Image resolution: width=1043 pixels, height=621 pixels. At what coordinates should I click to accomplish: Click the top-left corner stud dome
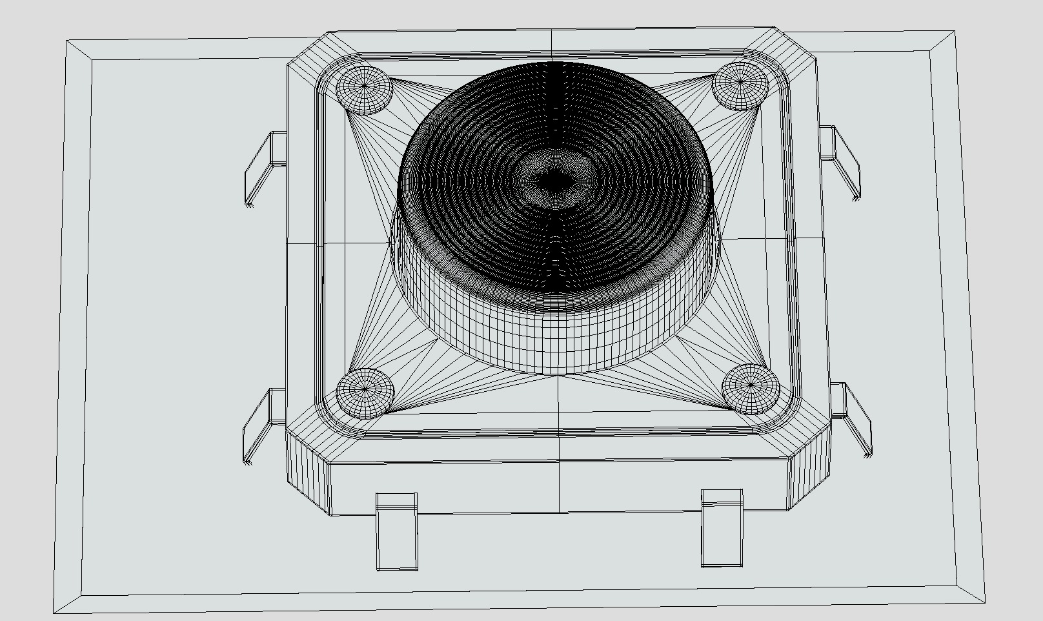[365, 89]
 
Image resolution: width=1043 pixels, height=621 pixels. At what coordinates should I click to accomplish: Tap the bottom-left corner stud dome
[365, 392]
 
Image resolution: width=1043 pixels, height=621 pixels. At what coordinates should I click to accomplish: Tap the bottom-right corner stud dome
[750, 388]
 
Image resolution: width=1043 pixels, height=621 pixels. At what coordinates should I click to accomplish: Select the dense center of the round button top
[552, 183]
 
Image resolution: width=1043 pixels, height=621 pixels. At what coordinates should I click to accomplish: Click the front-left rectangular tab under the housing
[397, 533]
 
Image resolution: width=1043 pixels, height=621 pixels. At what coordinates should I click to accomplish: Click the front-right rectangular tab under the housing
[722, 529]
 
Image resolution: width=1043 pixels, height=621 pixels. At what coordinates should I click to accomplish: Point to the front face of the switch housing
[558, 487]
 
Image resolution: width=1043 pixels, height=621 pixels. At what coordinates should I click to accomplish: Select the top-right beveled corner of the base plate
[942, 43]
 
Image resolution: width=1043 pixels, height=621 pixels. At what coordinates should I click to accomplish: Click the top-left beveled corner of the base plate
[80, 51]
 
